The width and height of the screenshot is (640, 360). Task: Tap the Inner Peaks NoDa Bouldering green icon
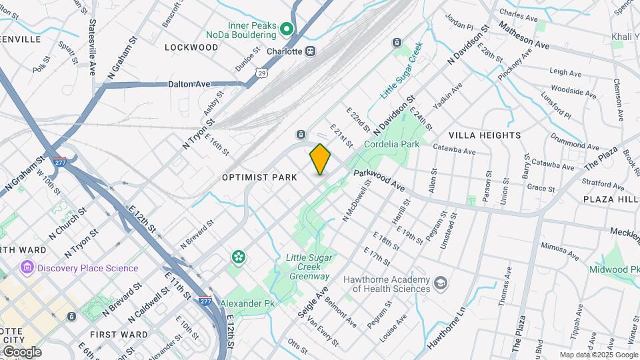287,29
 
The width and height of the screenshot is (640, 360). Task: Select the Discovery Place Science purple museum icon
27,268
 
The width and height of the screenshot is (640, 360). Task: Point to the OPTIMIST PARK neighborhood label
259,177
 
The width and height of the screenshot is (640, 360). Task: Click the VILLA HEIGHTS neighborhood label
484,135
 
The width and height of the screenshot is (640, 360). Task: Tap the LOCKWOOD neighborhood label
191,47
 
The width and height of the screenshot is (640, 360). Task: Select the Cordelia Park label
391,144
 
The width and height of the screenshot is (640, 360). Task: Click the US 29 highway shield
262,72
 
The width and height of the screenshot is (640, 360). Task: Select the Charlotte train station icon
310,51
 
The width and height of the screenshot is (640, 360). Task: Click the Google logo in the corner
21,352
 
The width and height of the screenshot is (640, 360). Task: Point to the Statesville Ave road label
92,47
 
